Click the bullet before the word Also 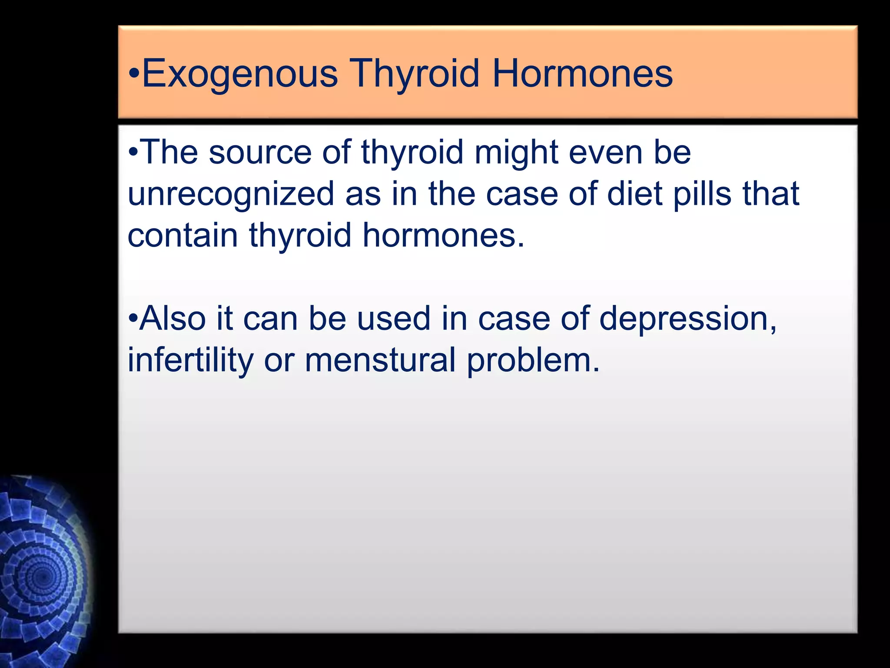pyautogui.click(x=133, y=319)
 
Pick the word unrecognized pyautogui.click(x=231, y=194)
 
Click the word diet pyautogui.click(x=634, y=194)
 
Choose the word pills pyautogui.click(x=702, y=194)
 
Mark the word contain pyautogui.click(x=183, y=235)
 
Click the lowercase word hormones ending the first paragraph pyautogui.click(x=443, y=235)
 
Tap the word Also pyautogui.click(x=172, y=319)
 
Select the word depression pyautogui.click(x=687, y=319)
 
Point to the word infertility pyautogui.click(x=190, y=360)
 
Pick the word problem pyautogui.click(x=533, y=360)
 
